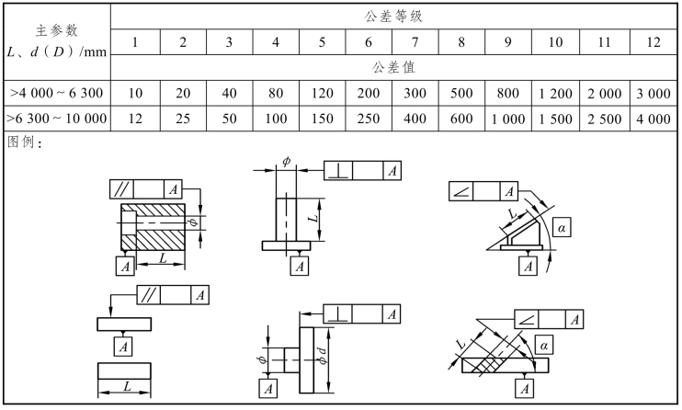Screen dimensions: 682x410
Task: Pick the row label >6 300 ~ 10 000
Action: tap(57, 120)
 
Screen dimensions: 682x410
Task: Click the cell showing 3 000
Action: tap(653, 94)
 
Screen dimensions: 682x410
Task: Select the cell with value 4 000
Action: tap(653, 120)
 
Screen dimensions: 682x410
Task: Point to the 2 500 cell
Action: tap(603, 120)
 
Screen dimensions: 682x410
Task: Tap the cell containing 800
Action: tap(508, 94)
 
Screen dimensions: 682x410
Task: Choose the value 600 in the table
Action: tap(461, 120)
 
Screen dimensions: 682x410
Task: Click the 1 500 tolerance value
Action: tap(555, 120)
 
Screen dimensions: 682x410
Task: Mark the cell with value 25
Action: tap(182, 120)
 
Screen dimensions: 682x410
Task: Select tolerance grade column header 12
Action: tap(653, 42)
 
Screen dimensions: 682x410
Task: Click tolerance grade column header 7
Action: tap(415, 42)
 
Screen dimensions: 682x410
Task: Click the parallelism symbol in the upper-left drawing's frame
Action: tap(121, 189)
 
